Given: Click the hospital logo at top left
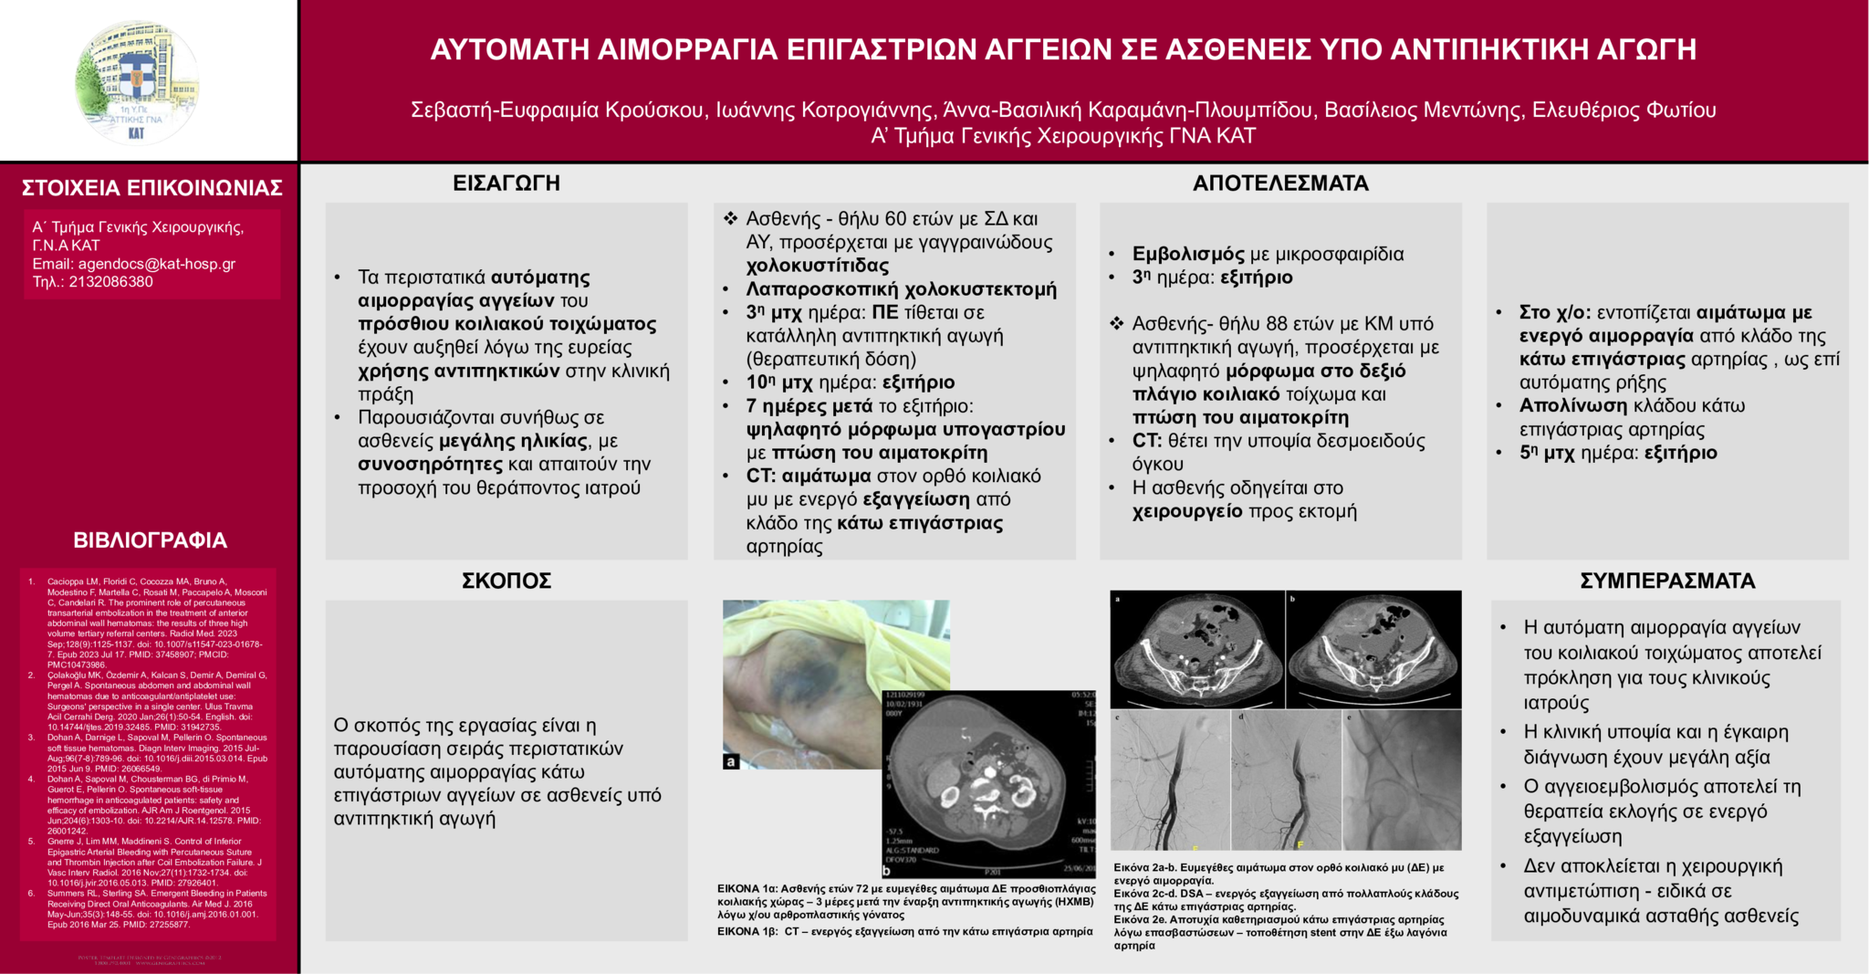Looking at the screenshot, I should [x=137, y=82].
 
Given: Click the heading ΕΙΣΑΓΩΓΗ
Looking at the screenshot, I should [x=506, y=183].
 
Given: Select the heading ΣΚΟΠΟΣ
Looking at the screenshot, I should [x=506, y=581].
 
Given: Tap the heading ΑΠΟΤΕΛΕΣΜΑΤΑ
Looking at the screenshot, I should [x=1280, y=183].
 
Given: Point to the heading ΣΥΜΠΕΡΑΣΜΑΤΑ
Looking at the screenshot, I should [x=1667, y=581].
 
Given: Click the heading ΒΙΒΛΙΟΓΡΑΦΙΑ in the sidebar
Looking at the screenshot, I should [x=150, y=540].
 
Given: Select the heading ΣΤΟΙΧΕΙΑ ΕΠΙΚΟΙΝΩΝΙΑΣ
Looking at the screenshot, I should [x=151, y=188].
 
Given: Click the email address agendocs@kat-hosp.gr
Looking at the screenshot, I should [x=156, y=264].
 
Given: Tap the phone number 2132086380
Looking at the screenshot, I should [x=110, y=282].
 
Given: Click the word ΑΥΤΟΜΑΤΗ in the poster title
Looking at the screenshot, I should [x=510, y=49].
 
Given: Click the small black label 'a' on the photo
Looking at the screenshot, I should [x=730, y=761].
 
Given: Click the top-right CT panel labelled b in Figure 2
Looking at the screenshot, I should [x=1373, y=649].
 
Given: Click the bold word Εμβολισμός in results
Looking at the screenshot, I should [x=1188, y=255].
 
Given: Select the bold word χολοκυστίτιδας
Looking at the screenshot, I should [x=818, y=266].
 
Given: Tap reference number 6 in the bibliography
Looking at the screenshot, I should [x=32, y=894].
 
